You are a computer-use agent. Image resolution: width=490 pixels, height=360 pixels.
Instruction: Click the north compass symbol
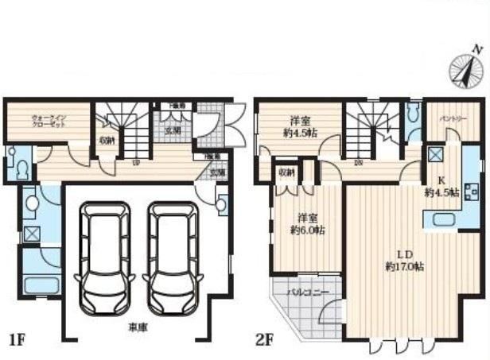coord(467,68)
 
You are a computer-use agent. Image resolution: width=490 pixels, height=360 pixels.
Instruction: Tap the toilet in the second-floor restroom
coord(412,116)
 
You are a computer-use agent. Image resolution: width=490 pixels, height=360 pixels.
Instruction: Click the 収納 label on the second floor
coord(286,172)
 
